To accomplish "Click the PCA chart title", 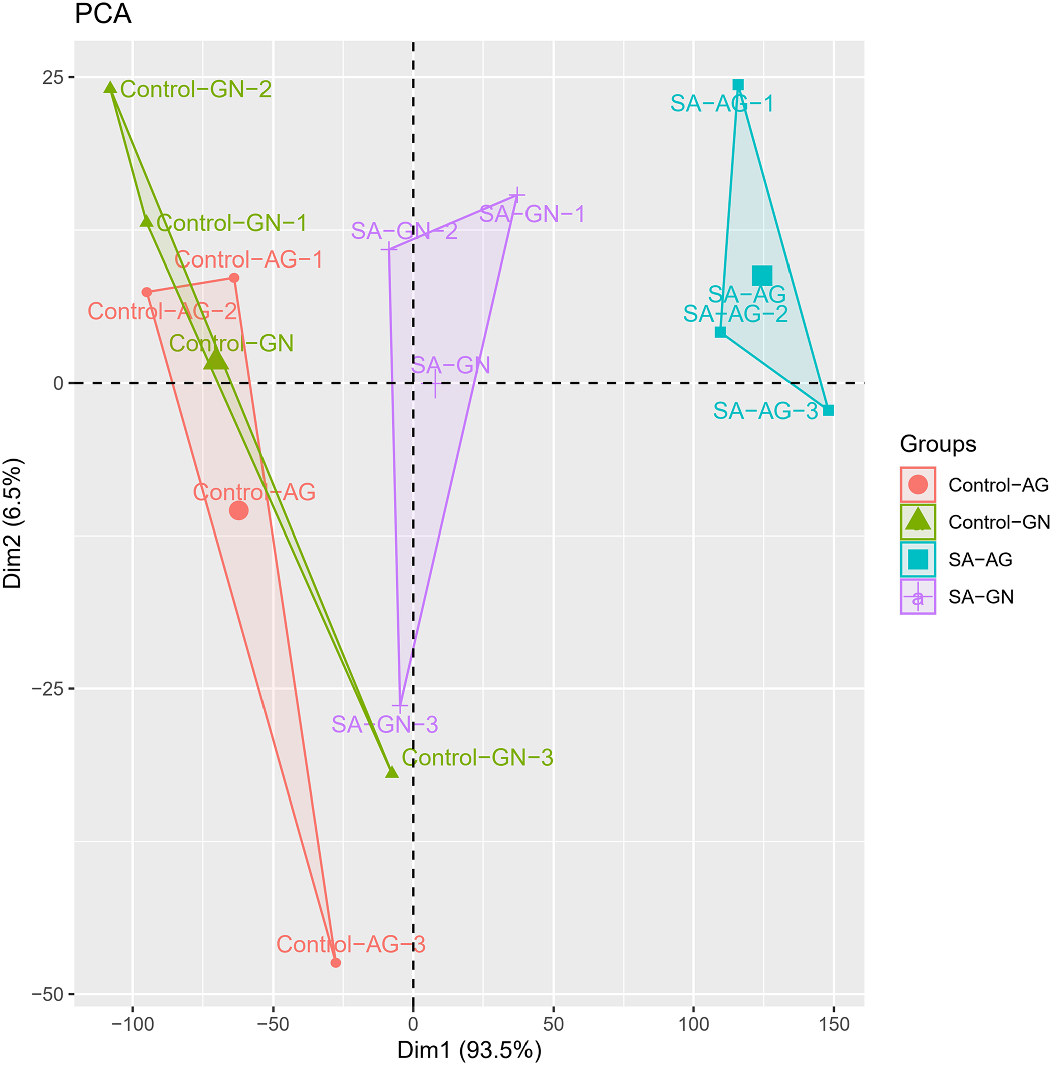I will (x=103, y=15).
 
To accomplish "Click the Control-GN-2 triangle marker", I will (x=111, y=88).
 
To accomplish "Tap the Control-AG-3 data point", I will (x=335, y=962).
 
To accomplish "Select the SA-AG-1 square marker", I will (x=738, y=85).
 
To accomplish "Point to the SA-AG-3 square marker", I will (x=828, y=410).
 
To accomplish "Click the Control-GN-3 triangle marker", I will (x=391, y=772).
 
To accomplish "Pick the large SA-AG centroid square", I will (x=762, y=275).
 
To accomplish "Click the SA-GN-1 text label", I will (x=532, y=214).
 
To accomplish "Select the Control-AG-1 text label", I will (x=248, y=259).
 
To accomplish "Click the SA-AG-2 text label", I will (x=735, y=314).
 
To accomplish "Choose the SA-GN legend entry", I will (x=981, y=597).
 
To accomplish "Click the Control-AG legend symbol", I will (x=917, y=485).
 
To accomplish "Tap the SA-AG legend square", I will (x=917, y=560).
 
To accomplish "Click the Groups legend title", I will (x=938, y=444).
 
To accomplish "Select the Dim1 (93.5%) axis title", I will (x=469, y=1050).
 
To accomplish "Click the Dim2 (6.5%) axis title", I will (x=13, y=522).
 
